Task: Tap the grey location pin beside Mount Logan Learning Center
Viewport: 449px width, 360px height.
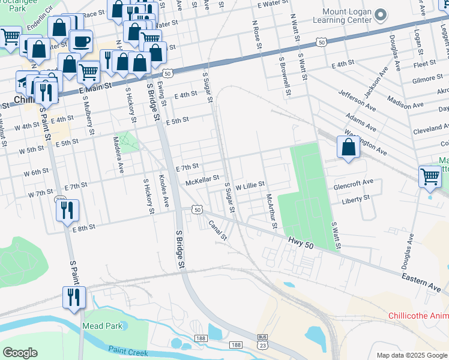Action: pos(380,14)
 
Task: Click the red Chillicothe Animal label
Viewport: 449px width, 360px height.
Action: pos(418,316)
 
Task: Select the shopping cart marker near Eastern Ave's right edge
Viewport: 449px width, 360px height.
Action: pos(430,177)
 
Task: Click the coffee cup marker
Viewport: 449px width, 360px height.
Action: pos(80,41)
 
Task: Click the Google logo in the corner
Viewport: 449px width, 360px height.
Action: pos(20,352)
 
